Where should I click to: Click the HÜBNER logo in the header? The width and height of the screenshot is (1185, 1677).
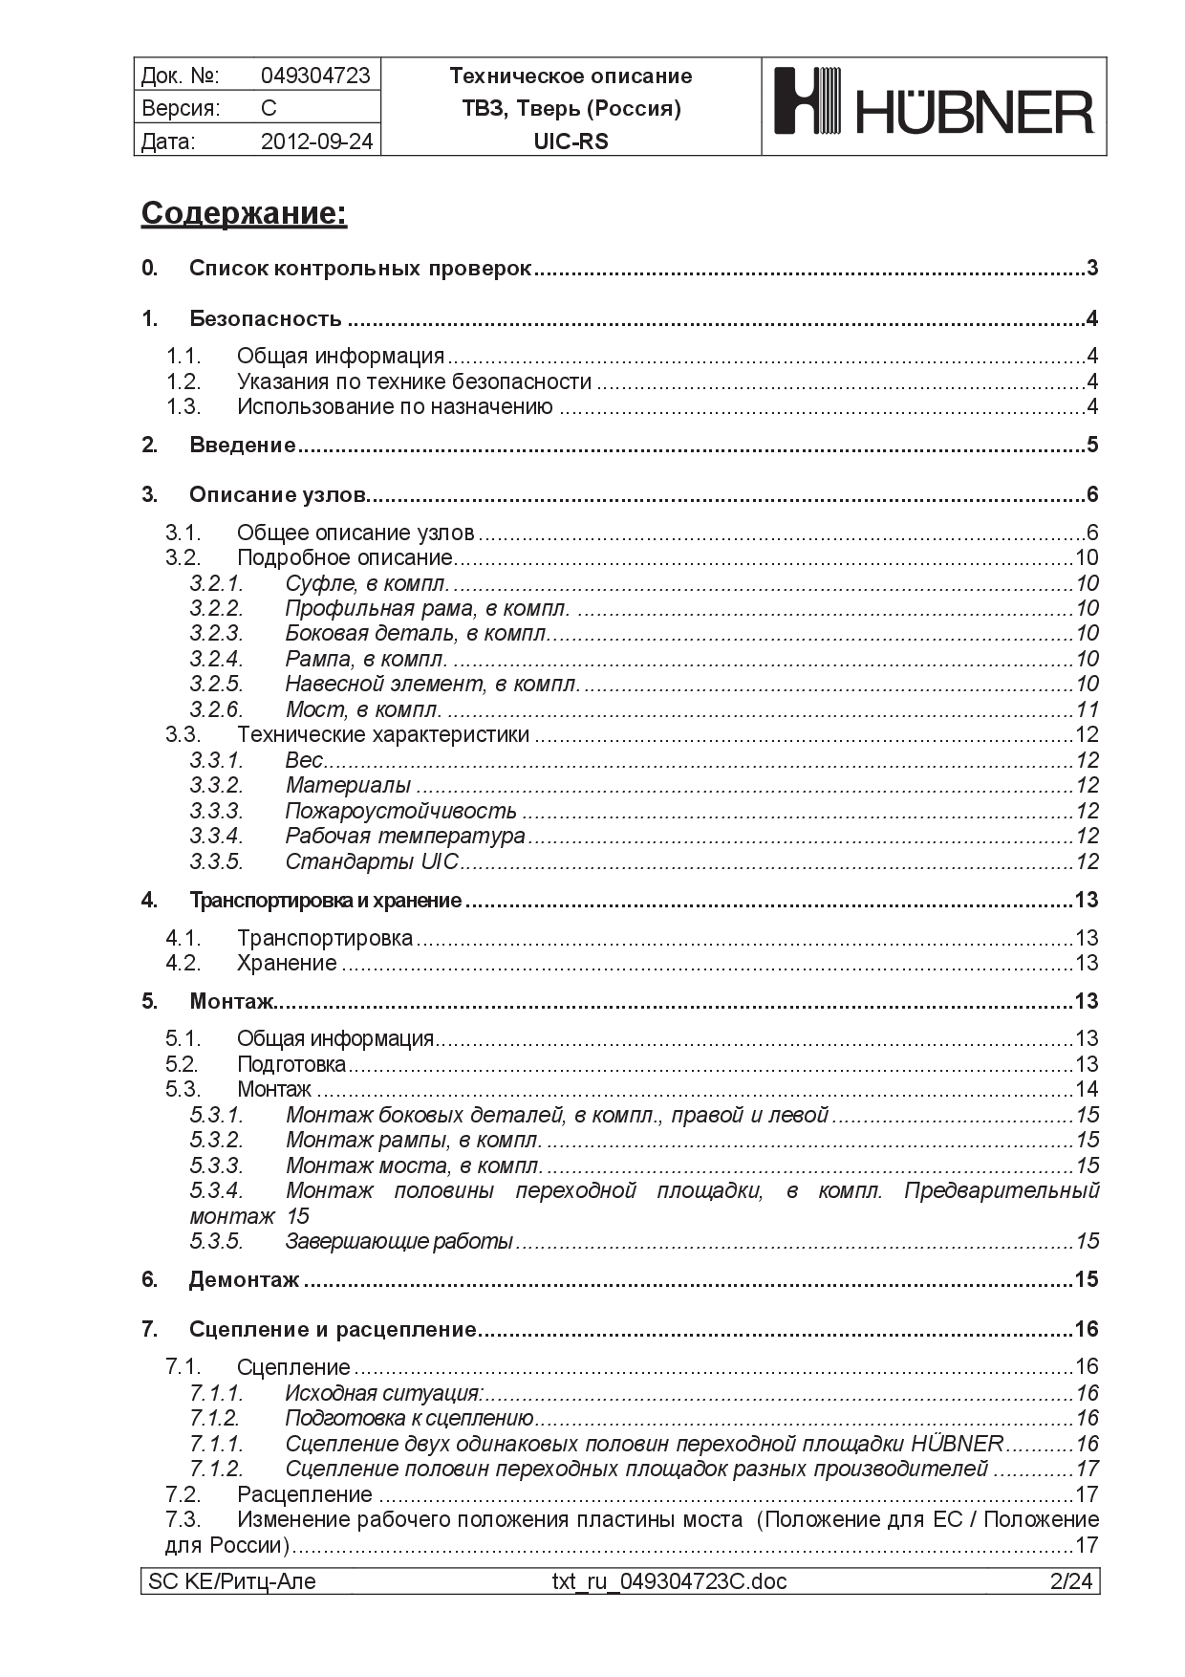(x=933, y=105)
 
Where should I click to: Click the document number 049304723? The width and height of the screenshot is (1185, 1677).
(x=315, y=76)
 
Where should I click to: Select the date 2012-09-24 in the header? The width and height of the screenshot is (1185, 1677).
(x=316, y=142)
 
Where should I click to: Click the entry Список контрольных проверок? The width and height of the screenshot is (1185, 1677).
(x=359, y=269)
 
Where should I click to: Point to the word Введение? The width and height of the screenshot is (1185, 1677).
(x=242, y=445)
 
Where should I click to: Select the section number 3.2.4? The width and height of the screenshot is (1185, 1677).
(x=216, y=659)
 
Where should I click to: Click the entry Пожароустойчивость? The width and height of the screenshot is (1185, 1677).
(x=400, y=811)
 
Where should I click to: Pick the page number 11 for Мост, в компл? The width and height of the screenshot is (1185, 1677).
(x=1087, y=709)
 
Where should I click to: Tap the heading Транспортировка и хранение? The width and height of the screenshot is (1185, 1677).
(x=325, y=900)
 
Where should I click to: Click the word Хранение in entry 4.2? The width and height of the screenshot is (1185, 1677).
(x=287, y=963)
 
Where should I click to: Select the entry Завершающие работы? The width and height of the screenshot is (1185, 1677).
(x=399, y=1241)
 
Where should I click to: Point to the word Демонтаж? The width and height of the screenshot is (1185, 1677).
(x=244, y=1279)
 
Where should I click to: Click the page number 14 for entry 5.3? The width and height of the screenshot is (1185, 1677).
(x=1087, y=1089)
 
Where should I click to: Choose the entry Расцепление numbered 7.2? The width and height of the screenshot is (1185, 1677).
(x=304, y=1494)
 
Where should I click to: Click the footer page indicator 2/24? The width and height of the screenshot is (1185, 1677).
(x=1070, y=1581)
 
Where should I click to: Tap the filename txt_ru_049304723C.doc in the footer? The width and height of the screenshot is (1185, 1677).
(x=669, y=1581)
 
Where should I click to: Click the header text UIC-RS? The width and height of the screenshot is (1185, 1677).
(x=571, y=142)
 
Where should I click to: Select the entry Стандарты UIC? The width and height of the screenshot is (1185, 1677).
(x=372, y=861)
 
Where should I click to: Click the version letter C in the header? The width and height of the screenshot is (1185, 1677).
(x=269, y=108)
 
